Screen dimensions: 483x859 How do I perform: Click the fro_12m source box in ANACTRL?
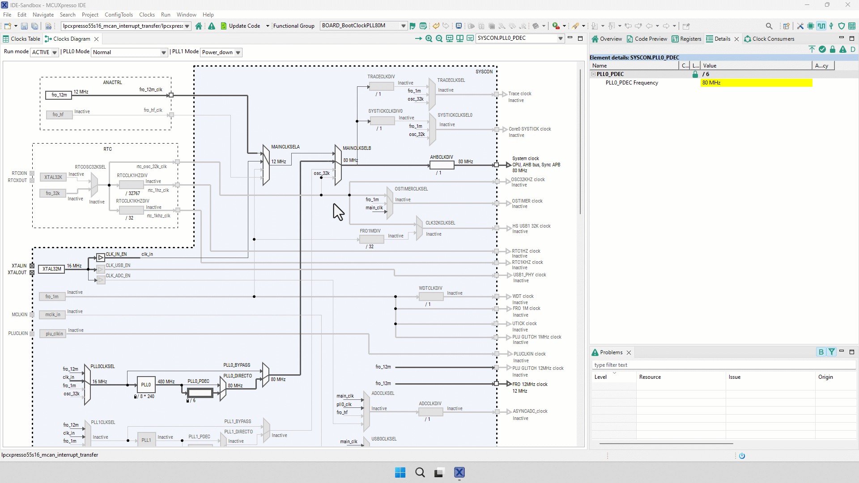[59, 95]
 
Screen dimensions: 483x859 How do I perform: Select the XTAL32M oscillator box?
[51, 269]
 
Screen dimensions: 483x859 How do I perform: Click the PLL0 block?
[146, 385]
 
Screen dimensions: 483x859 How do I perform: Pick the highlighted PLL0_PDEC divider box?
[200, 393]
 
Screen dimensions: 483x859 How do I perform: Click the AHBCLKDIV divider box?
[442, 165]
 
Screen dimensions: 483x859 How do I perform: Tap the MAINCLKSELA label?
[285, 147]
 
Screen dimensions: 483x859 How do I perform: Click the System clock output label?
[525, 158]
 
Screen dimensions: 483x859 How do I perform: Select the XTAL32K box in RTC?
[53, 177]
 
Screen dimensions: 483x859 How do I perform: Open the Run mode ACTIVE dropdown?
[44, 52]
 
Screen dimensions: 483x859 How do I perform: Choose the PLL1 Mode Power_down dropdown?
[221, 52]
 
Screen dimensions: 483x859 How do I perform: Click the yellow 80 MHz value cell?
[756, 83]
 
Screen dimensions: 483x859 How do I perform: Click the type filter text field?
[723, 365]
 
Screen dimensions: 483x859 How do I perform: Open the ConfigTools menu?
[119, 15]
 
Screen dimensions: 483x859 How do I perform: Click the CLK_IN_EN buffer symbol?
[101, 258]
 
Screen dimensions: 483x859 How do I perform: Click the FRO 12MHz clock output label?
[530, 384]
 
